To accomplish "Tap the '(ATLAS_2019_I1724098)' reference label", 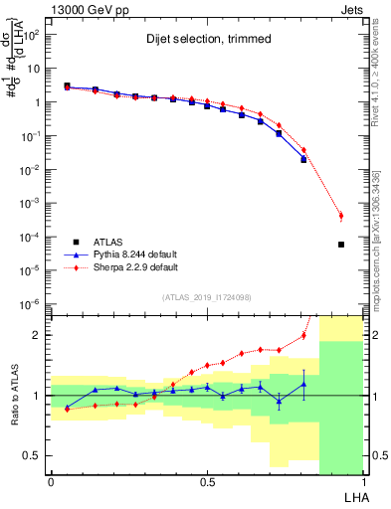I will click(x=207, y=298).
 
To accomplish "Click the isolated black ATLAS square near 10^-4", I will click(x=341, y=245).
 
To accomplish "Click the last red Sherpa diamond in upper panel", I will click(x=341, y=216).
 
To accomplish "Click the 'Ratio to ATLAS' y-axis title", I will click(x=13, y=395).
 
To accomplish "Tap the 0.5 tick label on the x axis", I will click(x=206, y=481).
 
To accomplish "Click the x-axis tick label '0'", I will click(x=51, y=481).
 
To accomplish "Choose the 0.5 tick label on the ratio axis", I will click(x=32, y=455).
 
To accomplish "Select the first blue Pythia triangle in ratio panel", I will click(x=67, y=408).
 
